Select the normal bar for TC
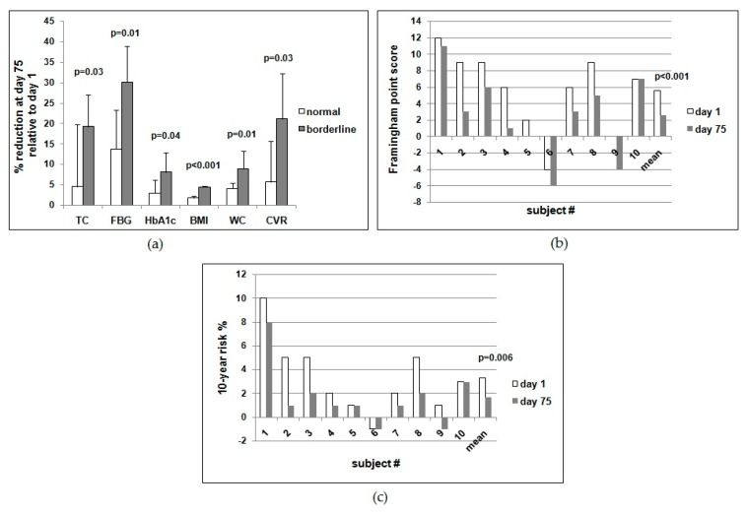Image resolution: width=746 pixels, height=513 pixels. tap(77, 195)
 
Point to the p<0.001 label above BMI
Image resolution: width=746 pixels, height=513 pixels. tap(204, 165)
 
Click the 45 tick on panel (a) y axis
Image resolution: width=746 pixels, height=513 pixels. tap(51, 21)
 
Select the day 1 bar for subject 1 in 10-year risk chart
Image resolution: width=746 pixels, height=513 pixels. tap(263, 357)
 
